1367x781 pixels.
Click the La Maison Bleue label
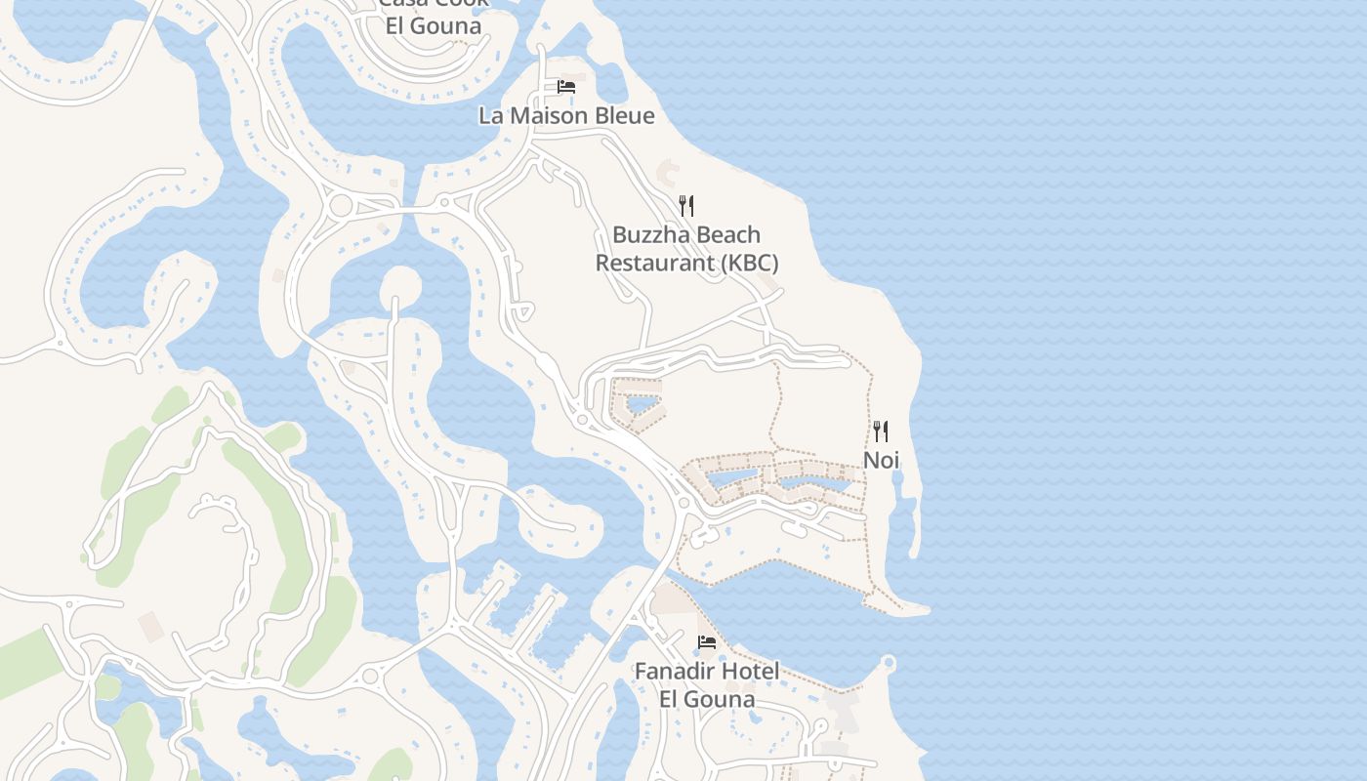pos(566,115)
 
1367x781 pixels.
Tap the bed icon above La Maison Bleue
pos(566,87)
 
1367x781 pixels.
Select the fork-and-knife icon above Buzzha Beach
pos(686,205)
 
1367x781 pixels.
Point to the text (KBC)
pos(749,263)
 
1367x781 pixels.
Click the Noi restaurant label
pos(881,460)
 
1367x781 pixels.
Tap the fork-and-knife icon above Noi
pos(881,432)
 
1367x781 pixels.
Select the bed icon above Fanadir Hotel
pos(707,642)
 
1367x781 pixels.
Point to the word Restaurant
pos(655,263)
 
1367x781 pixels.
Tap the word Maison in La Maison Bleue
pos(552,115)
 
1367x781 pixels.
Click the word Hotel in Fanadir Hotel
pos(751,672)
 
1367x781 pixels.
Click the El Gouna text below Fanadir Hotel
pos(707,699)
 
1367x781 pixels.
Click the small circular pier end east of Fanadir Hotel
pos(889,664)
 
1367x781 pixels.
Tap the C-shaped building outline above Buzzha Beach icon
pos(668,174)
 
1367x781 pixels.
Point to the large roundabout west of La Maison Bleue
pos(341,206)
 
